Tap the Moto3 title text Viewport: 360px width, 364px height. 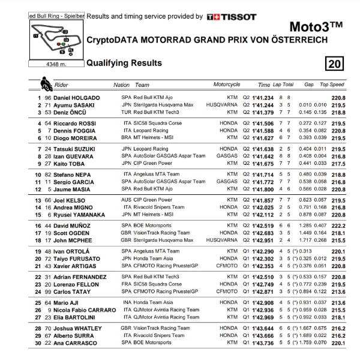(x=316, y=26)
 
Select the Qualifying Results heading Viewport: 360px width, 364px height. (x=124, y=63)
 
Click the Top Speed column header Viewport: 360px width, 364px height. (x=332, y=85)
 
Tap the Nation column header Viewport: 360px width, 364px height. (x=121, y=85)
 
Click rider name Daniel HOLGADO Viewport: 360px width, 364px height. (x=77, y=97)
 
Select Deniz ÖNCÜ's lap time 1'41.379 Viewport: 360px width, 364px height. (x=263, y=112)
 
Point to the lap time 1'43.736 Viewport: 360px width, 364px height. (x=263, y=343)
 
